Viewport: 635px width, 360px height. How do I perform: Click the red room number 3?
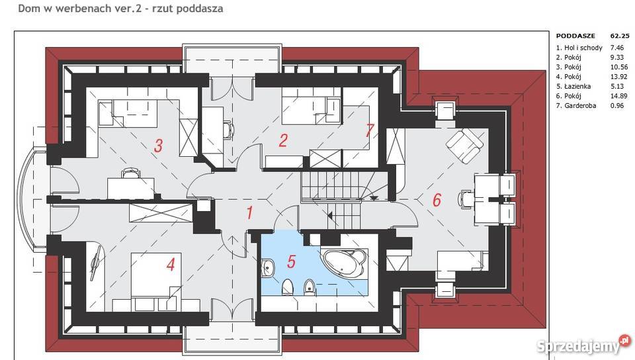click(158, 146)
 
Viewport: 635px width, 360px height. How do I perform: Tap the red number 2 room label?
click(283, 140)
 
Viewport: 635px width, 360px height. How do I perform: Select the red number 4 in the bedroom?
click(171, 265)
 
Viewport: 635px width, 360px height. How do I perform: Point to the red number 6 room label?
click(437, 200)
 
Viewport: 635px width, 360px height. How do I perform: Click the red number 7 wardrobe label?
click(369, 130)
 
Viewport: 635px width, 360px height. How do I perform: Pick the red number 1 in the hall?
click(250, 212)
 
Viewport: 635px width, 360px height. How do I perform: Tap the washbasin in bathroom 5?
click(267, 267)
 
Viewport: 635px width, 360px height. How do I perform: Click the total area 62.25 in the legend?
click(620, 36)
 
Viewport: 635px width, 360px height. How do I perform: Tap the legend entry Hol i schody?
click(583, 48)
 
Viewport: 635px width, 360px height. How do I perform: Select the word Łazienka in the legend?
click(577, 86)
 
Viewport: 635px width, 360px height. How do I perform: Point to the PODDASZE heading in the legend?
click(575, 36)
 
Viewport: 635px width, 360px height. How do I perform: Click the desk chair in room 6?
click(464, 199)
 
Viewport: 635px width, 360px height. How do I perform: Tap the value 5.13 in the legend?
click(617, 86)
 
